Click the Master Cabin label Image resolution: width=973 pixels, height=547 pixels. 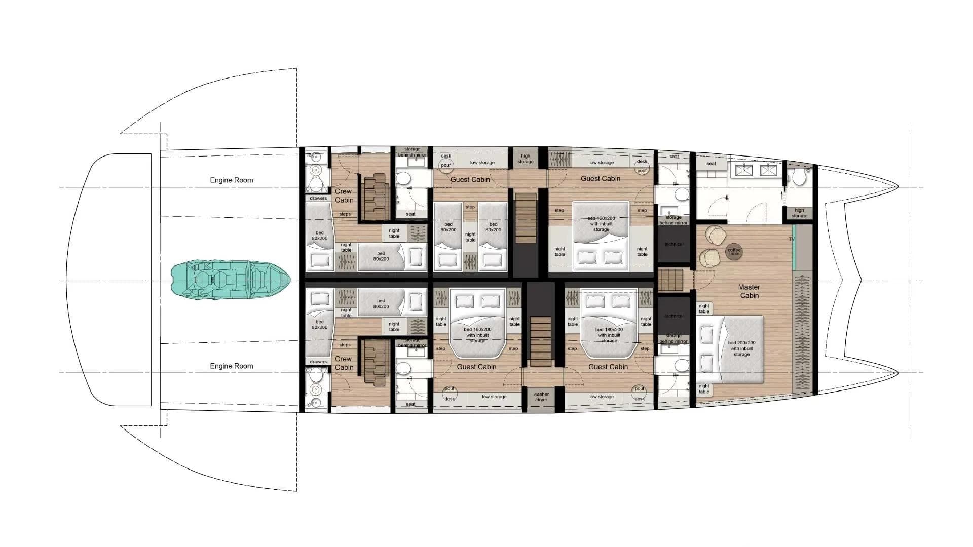point(749,291)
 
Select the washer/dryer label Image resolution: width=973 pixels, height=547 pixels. point(541,397)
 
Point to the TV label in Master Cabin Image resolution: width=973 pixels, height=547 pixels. point(791,239)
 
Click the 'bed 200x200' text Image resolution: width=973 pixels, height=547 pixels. point(741,343)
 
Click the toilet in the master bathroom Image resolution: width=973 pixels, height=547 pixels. point(799,178)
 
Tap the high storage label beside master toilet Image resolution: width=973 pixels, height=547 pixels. point(799,213)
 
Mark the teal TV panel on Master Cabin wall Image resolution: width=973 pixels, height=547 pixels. point(794,247)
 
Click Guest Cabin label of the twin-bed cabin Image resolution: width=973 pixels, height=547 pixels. point(470,179)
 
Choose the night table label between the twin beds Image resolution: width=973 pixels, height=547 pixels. point(470,237)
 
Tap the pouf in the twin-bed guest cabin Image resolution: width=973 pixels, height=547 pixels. point(446,165)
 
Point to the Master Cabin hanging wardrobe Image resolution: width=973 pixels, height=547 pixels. point(803,334)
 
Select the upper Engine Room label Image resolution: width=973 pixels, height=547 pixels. point(232,180)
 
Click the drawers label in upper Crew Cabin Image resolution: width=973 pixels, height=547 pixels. point(318,198)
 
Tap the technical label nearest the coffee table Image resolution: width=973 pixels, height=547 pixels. point(673,244)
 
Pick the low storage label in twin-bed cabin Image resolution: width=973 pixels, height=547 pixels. point(482,163)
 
